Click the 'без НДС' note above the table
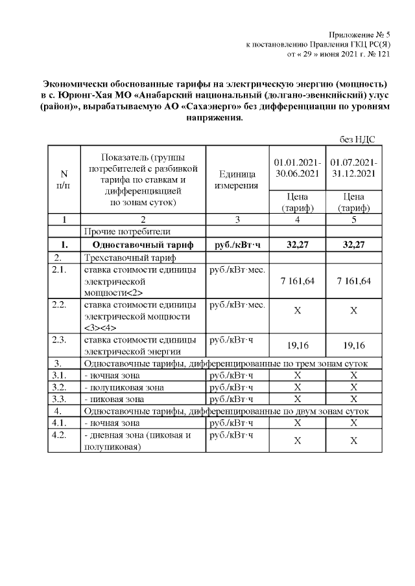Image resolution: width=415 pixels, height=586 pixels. pos(358,139)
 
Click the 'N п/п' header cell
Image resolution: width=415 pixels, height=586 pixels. pos(64,180)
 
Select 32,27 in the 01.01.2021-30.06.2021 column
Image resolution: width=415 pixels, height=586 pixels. pos(297,245)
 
